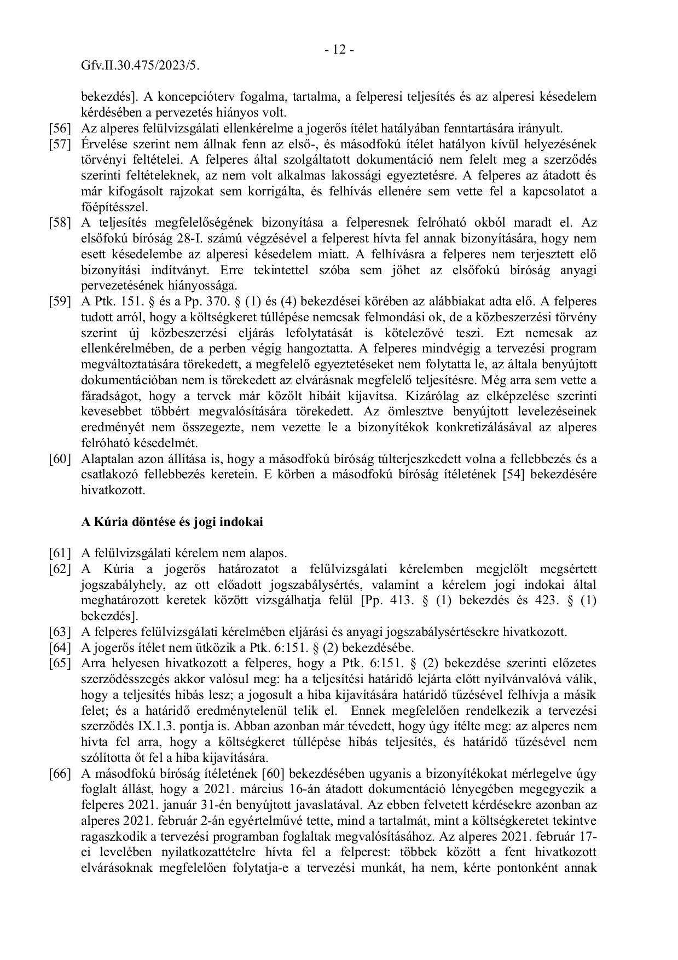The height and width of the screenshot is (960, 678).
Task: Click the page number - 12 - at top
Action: pyautogui.click(x=339, y=50)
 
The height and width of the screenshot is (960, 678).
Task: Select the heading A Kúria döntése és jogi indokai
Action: pyautogui.click(x=172, y=522)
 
